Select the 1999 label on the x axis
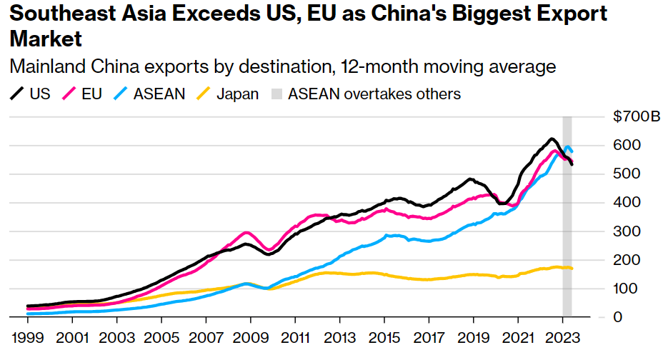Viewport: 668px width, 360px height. tap(26, 336)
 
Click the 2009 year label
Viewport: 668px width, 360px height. tap(249, 336)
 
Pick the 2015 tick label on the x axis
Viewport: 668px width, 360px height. tap(384, 336)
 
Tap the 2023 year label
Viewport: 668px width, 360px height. tap(562, 336)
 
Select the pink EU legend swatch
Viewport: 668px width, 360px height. tap(70, 94)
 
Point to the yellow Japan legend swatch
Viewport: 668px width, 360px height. tap(204, 94)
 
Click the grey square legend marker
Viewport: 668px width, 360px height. tap(276, 94)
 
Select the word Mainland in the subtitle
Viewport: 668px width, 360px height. tap(41, 67)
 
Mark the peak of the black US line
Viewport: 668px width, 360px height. tap(552, 139)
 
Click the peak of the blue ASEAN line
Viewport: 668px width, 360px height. tap(568, 147)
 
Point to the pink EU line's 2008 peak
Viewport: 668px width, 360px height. tap(246, 232)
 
